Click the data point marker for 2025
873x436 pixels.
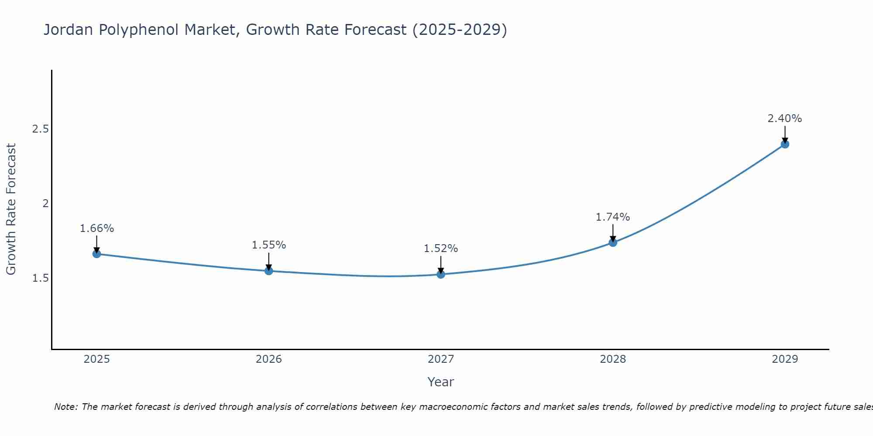click(97, 254)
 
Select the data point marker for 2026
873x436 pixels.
click(269, 271)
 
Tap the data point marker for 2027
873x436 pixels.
click(441, 274)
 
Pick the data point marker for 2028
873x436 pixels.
click(613, 242)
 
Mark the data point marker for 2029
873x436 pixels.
click(785, 144)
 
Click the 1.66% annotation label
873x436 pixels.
click(97, 228)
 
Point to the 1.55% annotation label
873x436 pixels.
click(269, 245)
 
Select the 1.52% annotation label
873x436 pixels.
click(441, 249)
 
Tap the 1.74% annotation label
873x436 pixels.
click(613, 217)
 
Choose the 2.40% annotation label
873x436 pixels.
click(785, 119)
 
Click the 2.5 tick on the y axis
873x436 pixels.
click(41, 129)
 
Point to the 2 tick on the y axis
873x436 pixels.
click(45, 204)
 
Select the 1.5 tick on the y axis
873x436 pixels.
click(41, 278)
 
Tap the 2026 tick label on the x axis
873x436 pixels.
click(269, 359)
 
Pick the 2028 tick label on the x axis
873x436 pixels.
click(613, 359)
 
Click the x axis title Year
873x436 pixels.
click(441, 382)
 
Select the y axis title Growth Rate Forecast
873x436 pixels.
click(11, 209)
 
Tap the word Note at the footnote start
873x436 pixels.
click(66, 407)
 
